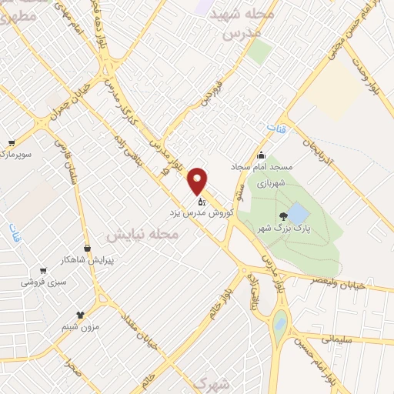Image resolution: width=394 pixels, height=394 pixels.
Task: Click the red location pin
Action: click(199, 180)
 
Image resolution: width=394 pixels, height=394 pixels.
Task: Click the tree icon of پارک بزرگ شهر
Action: click(285, 216)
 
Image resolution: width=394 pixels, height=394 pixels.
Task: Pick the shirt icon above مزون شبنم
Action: click(80, 315)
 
